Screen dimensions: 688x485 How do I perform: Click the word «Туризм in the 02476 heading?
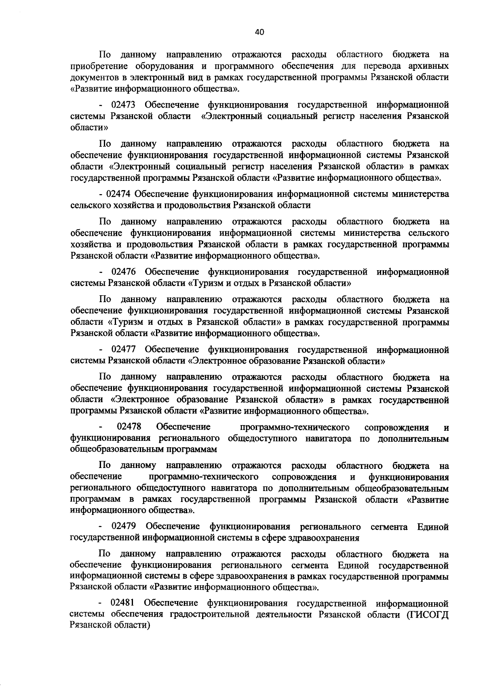point(205,283)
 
